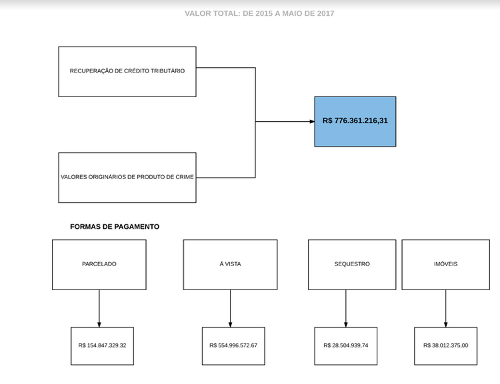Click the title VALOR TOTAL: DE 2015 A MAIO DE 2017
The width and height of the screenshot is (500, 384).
point(259,13)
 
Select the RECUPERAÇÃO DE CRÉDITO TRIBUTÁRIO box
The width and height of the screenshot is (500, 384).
point(127,72)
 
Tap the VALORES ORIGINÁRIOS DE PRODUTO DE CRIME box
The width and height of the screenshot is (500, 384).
point(127,178)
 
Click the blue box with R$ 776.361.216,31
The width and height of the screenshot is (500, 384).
point(355,121)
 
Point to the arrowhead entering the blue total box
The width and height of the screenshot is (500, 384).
point(312,121)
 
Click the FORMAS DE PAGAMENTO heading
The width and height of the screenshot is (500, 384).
point(115,227)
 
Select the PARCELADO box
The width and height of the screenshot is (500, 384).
point(99,265)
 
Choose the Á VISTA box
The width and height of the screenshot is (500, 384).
point(230,265)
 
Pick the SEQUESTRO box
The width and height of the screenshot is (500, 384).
point(352,265)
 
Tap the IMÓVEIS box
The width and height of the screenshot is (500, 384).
point(446,265)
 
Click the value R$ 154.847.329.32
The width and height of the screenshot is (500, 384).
point(102,345)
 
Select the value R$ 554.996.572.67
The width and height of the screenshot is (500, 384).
point(233,345)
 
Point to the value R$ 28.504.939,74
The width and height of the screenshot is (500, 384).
point(345,345)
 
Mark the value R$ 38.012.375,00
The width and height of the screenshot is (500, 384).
point(446,345)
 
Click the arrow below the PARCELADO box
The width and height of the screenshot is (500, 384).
point(99,309)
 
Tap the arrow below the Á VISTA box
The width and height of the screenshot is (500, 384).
point(230,309)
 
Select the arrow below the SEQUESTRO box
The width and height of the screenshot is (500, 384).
point(345,309)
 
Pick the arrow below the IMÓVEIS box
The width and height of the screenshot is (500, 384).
point(446,309)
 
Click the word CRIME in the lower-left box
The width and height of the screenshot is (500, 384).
point(185,177)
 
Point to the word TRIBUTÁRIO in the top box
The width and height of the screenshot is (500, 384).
point(168,71)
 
